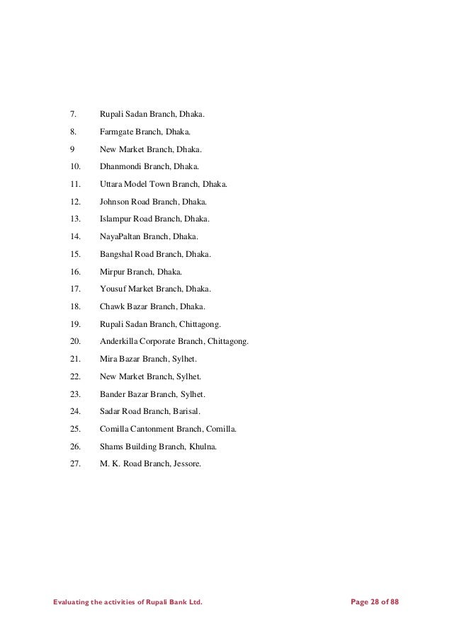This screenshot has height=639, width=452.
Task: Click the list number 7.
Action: pos(72,113)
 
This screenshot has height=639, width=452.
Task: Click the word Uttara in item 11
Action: pos(111,184)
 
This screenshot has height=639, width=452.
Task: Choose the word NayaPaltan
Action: pos(122,236)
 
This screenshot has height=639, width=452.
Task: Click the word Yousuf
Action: pos(113,289)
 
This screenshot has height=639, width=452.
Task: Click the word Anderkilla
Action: pos(120,341)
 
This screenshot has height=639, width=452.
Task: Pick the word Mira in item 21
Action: pos(108,359)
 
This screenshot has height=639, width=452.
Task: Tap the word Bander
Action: pos(113,393)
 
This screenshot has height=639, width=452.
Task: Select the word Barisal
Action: pos(186,411)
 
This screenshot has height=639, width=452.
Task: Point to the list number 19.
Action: pos(76,324)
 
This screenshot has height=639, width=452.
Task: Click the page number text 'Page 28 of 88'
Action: pos(375,602)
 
